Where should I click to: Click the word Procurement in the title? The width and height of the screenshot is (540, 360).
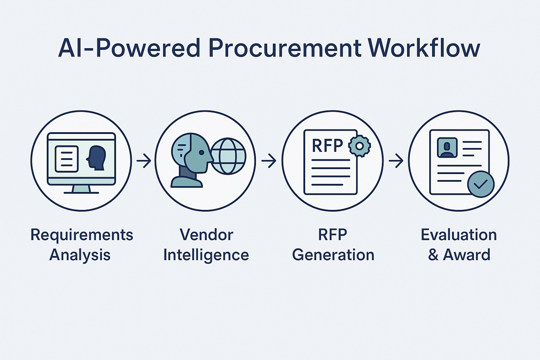(285, 48)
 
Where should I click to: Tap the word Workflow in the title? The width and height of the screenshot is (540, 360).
(424, 48)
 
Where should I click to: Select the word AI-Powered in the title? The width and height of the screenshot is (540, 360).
(129, 48)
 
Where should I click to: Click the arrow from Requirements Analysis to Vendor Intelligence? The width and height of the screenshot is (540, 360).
(143, 161)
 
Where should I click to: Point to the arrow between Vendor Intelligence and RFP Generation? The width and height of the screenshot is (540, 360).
(269, 161)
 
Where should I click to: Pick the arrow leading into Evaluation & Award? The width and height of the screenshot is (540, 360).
(396, 161)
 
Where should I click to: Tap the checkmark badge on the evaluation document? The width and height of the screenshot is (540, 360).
(481, 184)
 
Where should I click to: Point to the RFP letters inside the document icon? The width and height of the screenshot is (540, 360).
(327, 146)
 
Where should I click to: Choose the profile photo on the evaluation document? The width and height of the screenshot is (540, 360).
(447, 147)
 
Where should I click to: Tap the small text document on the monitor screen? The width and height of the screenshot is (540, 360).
(67, 159)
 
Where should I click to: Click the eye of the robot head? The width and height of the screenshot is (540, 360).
(201, 153)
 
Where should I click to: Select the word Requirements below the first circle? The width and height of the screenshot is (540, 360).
(82, 235)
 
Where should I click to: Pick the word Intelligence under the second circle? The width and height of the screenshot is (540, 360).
(206, 255)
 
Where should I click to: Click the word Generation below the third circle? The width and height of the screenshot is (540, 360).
(333, 255)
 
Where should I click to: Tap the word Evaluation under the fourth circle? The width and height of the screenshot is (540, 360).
(459, 235)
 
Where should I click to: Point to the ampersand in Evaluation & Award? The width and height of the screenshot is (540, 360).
(433, 255)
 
